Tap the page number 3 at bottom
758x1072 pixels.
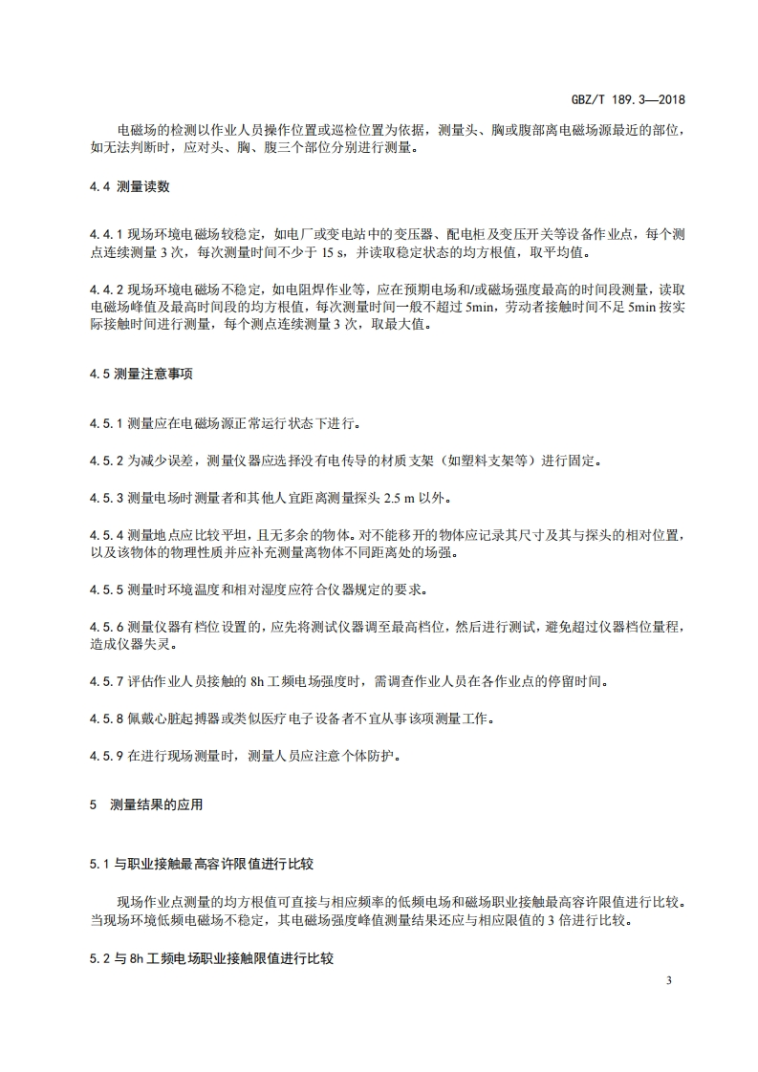670,981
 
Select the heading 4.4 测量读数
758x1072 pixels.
130,187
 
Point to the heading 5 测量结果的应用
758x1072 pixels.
146,804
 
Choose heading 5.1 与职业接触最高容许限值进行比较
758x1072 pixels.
201,864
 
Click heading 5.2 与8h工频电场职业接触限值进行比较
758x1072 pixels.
211,956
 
